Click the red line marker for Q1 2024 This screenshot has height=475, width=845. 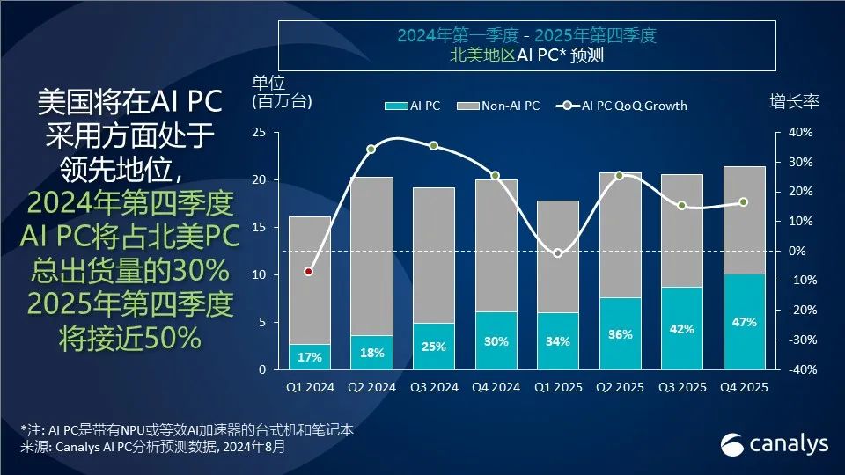click(x=308, y=272)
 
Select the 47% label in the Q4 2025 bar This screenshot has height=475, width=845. click(x=745, y=322)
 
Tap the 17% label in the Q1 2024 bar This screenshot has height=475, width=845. click(x=309, y=357)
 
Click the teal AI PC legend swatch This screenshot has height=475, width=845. click(x=396, y=106)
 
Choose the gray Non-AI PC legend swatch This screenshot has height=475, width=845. click(x=467, y=106)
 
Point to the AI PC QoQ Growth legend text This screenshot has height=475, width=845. click(x=635, y=106)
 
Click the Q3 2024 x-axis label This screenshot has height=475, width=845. click(x=434, y=387)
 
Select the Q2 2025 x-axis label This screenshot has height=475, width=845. click(x=620, y=387)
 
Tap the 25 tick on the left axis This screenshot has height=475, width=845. click(x=259, y=133)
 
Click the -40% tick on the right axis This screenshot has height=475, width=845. click(x=803, y=370)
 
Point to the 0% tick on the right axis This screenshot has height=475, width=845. click(x=797, y=251)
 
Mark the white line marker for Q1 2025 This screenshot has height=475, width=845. click(x=557, y=253)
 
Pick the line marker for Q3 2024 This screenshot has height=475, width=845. click(x=433, y=146)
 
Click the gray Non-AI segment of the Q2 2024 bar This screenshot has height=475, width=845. click(x=371, y=256)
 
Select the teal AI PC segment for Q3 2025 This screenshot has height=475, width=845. click(x=682, y=328)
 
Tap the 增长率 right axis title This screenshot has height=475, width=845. click(x=794, y=101)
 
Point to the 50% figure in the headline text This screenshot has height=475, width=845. click(x=173, y=339)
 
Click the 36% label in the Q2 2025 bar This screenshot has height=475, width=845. click(x=621, y=334)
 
